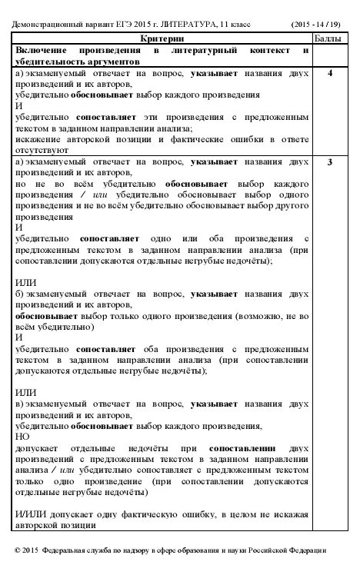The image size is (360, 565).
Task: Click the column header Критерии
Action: pos(162,38)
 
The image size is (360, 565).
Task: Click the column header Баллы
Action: pos(329,38)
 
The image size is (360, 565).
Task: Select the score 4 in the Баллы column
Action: pos(329,74)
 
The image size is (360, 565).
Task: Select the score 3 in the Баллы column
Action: pos(329,164)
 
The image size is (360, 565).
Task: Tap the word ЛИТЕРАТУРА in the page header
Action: pos(213,22)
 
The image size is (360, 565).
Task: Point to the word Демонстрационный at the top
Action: pos(46,22)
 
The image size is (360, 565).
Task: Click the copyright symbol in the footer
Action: pos(18,550)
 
